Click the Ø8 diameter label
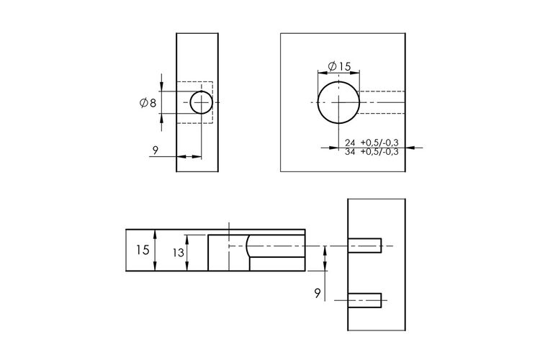[148, 103]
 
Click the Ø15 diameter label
[339, 66]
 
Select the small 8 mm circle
[202, 102]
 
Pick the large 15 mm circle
[339, 102]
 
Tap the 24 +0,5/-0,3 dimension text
[372, 143]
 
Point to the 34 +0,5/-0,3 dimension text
[372, 152]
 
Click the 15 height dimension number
[143, 250]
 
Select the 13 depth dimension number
[179, 253]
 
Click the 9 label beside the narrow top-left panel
[156, 150]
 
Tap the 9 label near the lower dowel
[318, 293]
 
